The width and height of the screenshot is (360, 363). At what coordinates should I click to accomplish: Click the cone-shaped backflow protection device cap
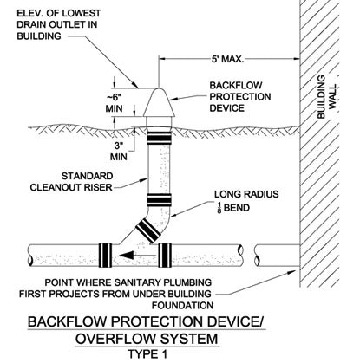(159, 102)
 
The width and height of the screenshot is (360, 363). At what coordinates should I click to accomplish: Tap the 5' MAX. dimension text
(228, 59)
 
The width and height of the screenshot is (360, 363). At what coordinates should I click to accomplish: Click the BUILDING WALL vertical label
(327, 97)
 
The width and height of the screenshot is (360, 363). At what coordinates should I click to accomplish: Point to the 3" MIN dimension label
(119, 151)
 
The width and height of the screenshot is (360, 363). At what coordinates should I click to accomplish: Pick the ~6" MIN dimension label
(114, 103)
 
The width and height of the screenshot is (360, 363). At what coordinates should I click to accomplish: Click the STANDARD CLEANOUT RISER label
(71, 182)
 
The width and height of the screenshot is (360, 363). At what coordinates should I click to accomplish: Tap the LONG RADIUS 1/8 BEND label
(246, 201)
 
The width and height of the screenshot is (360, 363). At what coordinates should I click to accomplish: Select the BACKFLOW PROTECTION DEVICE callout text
(240, 97)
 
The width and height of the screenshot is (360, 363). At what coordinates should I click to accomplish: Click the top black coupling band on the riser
(159, 137)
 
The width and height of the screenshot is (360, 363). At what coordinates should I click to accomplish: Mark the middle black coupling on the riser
(159, 199)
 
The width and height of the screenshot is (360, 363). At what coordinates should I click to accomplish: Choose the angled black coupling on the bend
(147, 230)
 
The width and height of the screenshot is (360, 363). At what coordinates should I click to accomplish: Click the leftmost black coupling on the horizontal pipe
(105, 256)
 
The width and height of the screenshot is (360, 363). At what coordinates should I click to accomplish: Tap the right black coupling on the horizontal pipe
(165, 256)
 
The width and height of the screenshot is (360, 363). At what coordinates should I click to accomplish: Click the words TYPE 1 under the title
(147, 354)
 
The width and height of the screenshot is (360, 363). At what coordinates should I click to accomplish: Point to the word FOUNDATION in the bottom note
(183, 305)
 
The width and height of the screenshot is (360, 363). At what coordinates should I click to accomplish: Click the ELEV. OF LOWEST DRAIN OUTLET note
(59, 25)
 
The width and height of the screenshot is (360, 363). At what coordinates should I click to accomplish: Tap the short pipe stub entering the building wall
(277, 256)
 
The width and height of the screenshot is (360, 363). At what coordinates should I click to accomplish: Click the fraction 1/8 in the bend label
(219, 208)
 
